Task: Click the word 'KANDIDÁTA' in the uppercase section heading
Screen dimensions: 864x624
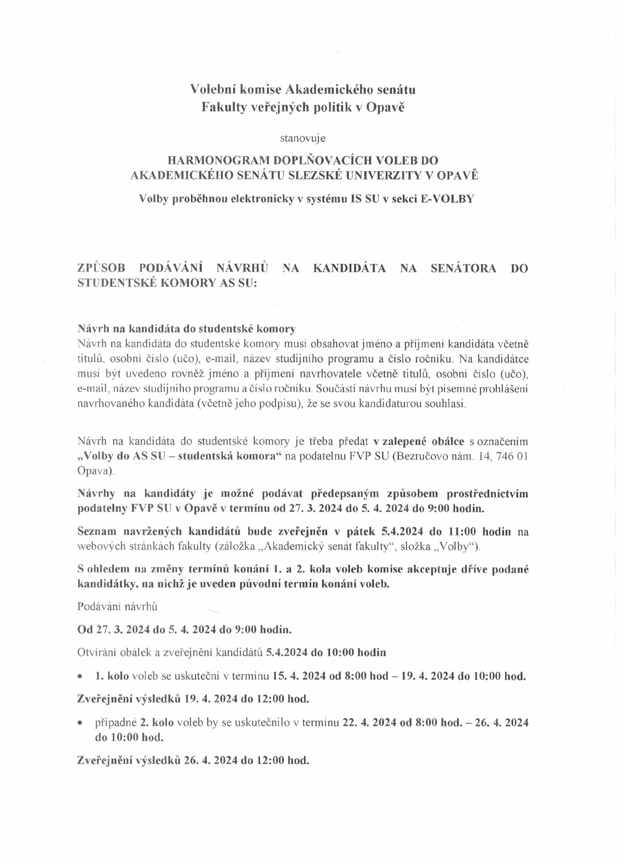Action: (349, 268)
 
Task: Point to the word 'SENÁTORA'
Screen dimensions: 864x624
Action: (463, 268)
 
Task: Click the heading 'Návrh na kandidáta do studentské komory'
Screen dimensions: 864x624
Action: (186, 329)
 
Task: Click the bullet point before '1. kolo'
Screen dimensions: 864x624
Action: (80, 677)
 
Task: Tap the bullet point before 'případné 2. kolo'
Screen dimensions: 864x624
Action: (80, 723)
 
